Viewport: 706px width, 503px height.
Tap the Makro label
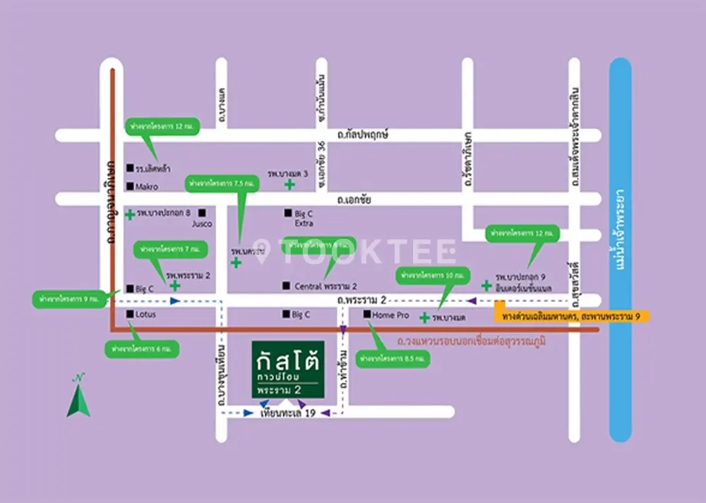click(x=147, y=186)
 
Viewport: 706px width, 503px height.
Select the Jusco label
click(x=202, y=224)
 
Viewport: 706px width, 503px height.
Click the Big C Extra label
click(x=304, y=218)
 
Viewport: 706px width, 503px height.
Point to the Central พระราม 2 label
click(x=325, y=286)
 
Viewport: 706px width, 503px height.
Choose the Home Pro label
click(x=392, y=315)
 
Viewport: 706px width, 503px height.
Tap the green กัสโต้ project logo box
click(x=288, y=371)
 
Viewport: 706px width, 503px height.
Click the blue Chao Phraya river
click(x=620, y=247)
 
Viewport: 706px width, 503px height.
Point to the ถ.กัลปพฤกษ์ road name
click(x=364, y=134)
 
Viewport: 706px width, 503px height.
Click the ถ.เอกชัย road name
click(x=354, y=200)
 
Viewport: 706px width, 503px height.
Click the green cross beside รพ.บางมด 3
click(x=289, y=185)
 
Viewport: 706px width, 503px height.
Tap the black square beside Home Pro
click(x=367, y=315)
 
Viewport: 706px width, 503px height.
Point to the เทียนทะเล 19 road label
click(x=287, y=413)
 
